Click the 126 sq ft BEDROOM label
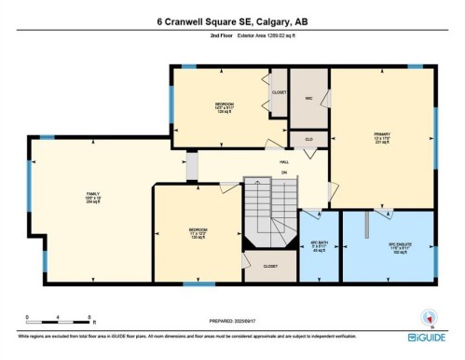point(223,106)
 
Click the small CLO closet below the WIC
point(308,139)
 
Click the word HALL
point(284,162)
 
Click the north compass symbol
point(428,316)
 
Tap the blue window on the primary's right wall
point(435,131)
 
